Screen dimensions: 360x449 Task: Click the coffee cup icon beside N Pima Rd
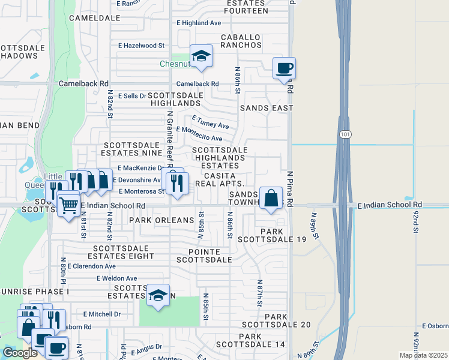pyautogui.click(x=284, y=67)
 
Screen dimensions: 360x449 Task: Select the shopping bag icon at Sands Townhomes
pyautogui.click(x=271, y=196)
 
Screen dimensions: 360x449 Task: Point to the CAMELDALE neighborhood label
pyautogui.click(x=91, y=18)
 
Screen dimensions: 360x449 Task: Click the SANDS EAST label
pyautogui.click(x=266, y=108)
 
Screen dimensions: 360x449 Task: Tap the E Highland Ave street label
pyautogui.click(x=199, y=23)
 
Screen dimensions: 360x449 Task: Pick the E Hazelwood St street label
pyautogui.click(x=141, y=46)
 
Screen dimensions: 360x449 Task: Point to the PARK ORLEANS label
pyautogui.click(x=161, y=220)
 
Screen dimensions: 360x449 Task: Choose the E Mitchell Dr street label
pyautogui.click(x=102, y=314)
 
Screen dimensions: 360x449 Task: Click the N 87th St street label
pyautogui.click(x=260, y=293)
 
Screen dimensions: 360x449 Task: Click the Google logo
pyautogui.click(x=20, y=353)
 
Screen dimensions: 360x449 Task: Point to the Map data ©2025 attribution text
pyautogui.click(x=423, y=355)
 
